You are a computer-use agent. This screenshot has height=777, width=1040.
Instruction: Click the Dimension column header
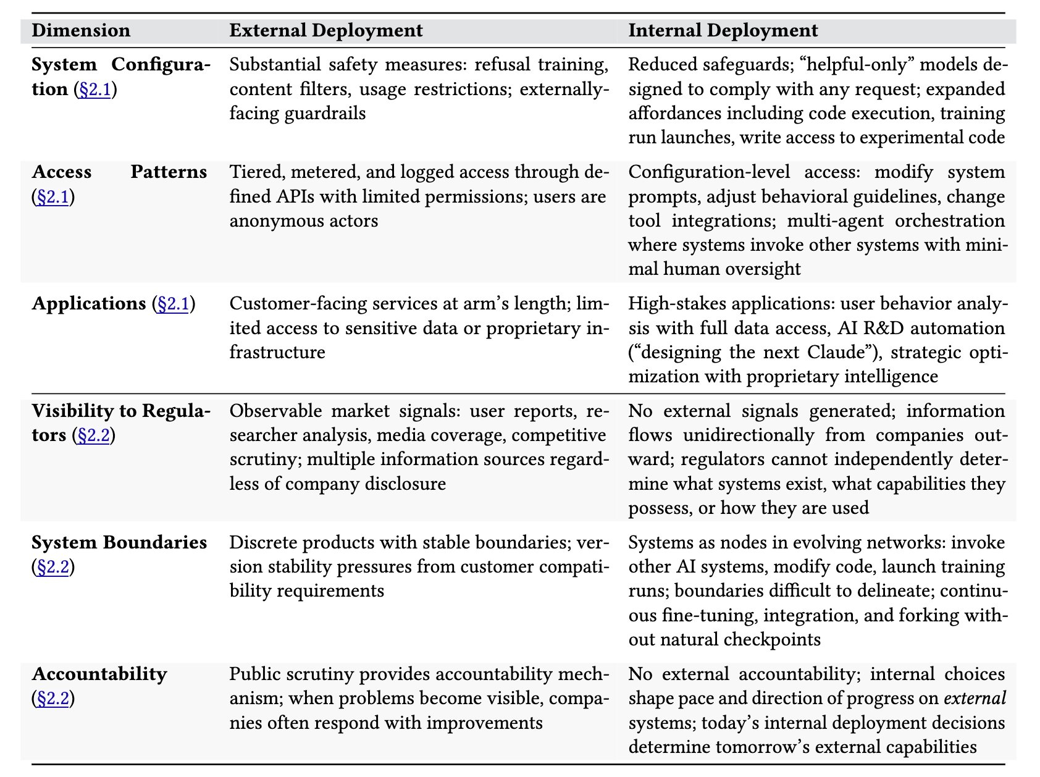point(81,30)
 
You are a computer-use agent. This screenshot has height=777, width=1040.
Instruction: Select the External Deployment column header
point(326,30)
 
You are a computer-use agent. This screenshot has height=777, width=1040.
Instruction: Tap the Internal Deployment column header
point(723,30)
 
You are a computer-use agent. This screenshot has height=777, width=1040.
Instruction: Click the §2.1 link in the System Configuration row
point(94,90)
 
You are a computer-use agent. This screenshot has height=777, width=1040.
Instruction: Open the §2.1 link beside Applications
point(173,304)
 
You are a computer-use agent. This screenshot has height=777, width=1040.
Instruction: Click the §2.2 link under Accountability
point(52,699)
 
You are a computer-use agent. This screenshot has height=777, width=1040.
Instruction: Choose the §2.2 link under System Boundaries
point(52,567)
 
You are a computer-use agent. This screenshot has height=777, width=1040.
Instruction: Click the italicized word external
point(975,699)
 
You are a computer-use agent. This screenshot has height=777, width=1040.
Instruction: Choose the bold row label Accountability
point(99,674)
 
